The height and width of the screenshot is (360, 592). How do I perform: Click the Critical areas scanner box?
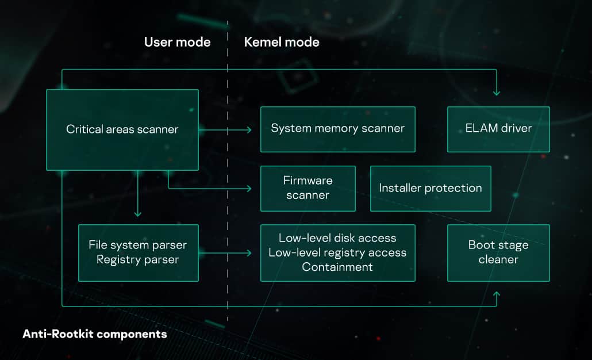(122, 130)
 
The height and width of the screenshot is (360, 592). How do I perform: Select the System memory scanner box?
(337, 129)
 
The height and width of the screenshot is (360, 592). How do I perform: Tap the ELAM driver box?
(498, 129)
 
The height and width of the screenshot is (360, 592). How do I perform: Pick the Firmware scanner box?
(307, 188)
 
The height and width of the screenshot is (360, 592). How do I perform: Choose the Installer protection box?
(430, 188)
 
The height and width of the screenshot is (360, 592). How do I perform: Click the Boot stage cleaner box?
(498, 252)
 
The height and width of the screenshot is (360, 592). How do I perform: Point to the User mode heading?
(177, 42)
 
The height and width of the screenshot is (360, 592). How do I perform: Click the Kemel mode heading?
(282, 42)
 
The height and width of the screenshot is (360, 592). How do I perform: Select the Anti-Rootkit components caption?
(95, 334)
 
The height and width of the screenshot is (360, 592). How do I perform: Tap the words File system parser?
(138, 246)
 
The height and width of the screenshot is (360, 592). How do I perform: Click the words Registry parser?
(138, 260)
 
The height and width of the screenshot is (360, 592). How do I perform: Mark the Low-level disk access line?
(337, 238)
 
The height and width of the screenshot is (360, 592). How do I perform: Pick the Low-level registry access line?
(337, 252)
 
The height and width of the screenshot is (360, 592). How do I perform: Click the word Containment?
(337, 267)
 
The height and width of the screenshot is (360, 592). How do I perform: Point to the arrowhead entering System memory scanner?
(249, 130)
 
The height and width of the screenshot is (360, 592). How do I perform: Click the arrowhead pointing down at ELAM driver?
(497, 93)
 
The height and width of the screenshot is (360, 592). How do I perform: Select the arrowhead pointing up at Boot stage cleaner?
(497, 294)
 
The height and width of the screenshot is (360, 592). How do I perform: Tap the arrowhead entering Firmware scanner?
(249, 189)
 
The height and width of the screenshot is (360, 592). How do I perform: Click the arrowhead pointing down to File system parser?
(137, 214)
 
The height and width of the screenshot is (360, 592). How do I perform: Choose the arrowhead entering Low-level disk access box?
(249, 253)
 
